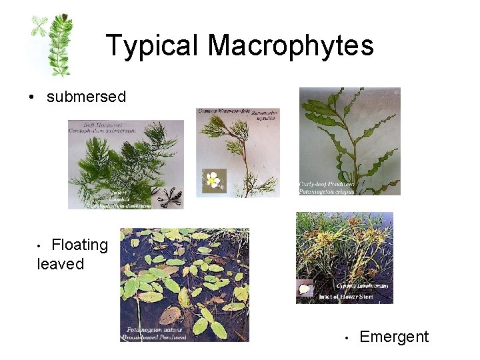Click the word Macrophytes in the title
click(291, 45)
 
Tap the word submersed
click(86, 97)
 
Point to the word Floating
click(79, 245)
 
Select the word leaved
click(61, 264)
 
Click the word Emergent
click(394, 337)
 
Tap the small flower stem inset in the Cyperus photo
click(306, 289)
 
